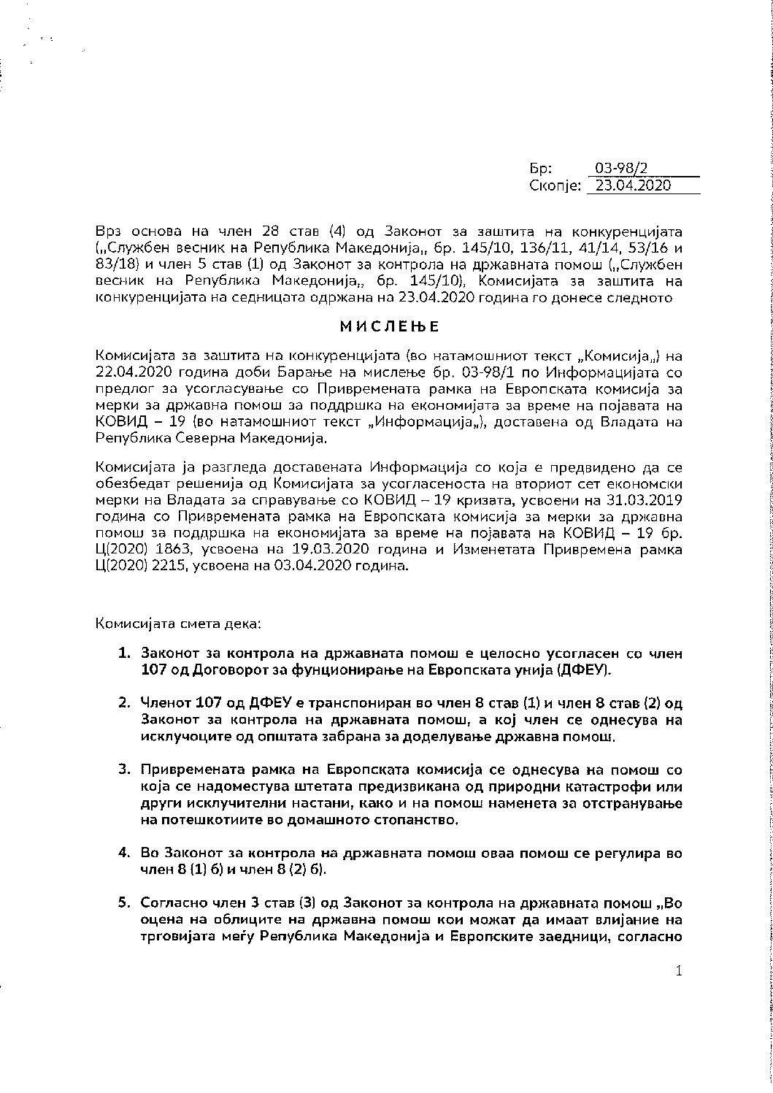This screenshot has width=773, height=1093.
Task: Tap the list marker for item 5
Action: [x=125, y=902]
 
